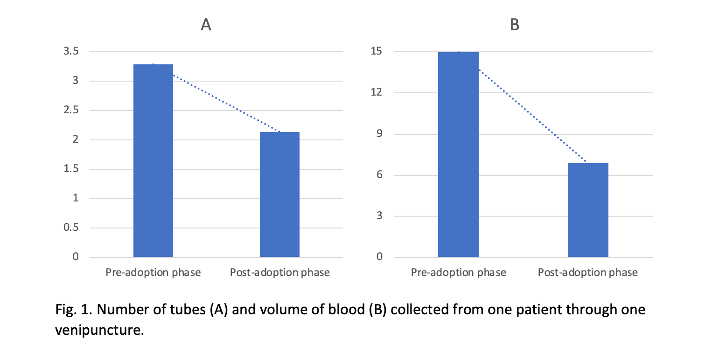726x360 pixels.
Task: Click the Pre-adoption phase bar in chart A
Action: tap(153, 161)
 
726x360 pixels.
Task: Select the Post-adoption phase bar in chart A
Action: tap(279, 194)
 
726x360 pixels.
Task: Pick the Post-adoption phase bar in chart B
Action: tap(588, 210)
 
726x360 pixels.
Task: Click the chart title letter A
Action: tap(206, 25)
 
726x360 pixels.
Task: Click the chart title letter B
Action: tap(514, 25)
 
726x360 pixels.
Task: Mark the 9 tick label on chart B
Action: tap(378, 134)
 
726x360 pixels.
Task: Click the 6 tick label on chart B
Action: tap(378, 175)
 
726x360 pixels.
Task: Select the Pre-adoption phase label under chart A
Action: tap(153, 273)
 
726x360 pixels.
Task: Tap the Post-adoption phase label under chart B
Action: tap(588, 273)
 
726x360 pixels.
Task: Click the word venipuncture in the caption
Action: tap(98, 331)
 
